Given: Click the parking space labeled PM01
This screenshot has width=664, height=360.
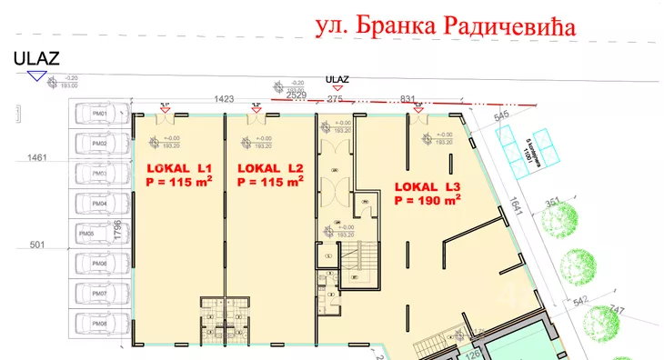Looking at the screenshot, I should pos(99,115).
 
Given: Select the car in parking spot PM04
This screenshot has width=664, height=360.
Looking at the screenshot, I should pos(99,204).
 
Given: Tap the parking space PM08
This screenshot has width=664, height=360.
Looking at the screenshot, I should pos(99,323).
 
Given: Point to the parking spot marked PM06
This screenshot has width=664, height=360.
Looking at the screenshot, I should pos(99,264).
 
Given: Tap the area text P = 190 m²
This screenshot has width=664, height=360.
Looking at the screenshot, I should pos(428,200).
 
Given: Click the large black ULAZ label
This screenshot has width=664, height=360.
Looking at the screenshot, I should pos(36,59).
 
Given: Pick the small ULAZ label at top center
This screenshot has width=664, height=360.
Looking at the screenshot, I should pos(337,80).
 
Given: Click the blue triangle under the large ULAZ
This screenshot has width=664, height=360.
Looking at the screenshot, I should pos(36,76).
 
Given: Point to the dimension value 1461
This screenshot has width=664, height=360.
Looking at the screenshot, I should pos(37,157).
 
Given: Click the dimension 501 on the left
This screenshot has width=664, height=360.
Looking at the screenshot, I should pos(37,244).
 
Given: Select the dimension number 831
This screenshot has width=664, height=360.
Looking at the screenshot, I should pos(407,98).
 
